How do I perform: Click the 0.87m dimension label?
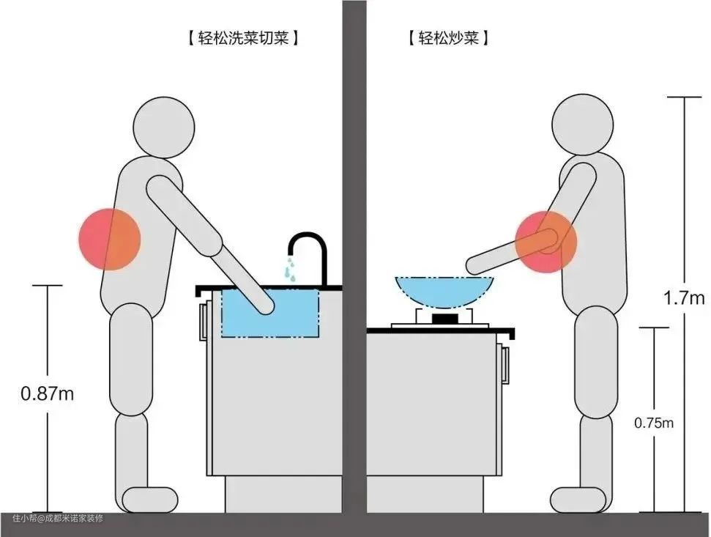(47, 393)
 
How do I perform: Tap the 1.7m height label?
(684, 298)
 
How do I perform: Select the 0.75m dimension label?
(654, 423)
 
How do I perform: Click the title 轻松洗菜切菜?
(244, 37)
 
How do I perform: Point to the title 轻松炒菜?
(448, 37)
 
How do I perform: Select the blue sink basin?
(270, 313)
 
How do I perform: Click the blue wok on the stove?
(444, 291)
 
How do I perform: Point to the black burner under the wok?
(446, 318)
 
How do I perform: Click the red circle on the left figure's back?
(110, 240)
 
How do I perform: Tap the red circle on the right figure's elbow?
(546, 242)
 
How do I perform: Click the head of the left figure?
(164, 127)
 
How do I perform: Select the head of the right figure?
(583, 125)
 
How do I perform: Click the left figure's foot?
(150, 500)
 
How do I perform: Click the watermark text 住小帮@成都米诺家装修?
(58, 518)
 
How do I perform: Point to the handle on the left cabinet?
(203, 322)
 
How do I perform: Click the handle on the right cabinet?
(505, 364)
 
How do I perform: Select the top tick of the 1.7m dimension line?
(684, 97)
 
